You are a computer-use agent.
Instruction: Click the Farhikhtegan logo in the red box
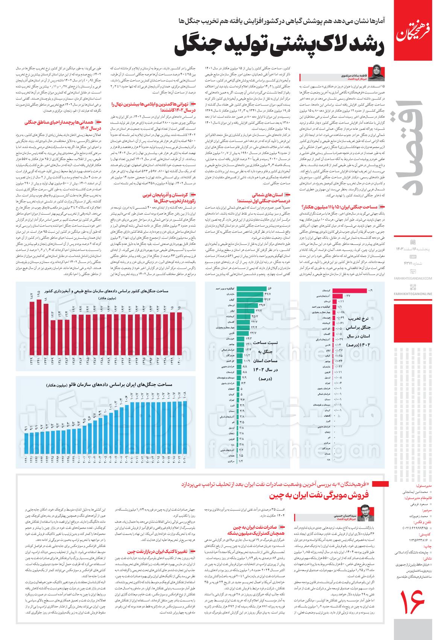(419, 30)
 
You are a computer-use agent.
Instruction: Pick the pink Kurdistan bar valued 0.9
(355, 291)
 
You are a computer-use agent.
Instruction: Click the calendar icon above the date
(413, 242)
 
